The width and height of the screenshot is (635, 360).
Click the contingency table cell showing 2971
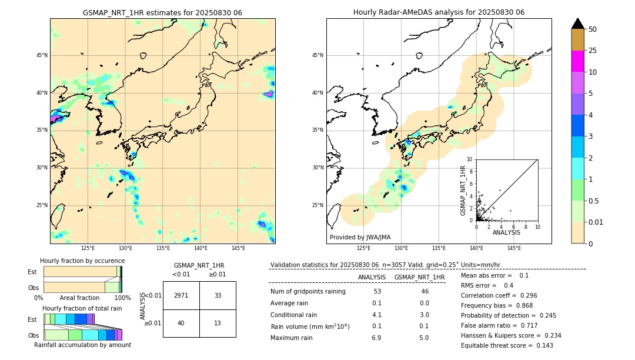[181, 295]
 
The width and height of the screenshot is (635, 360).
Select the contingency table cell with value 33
[218, 295]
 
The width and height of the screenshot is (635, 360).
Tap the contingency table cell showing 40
[181, 323]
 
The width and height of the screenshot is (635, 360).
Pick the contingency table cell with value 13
[218, 323]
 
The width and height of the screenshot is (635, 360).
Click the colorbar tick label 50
[593, 29]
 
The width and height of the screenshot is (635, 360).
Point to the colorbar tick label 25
[593, 51]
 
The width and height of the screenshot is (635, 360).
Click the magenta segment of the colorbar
[578, 61]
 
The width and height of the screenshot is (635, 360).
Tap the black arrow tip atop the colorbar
[578, 22]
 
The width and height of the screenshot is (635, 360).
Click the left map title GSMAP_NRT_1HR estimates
[162, 12]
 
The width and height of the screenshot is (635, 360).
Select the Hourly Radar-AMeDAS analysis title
[439, 12]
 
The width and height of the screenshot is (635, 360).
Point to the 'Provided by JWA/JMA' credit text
[360, 238]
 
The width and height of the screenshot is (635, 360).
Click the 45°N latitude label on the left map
[42, 55]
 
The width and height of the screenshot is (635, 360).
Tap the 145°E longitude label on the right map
[514, 248]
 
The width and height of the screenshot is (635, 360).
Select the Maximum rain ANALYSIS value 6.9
[376, 338]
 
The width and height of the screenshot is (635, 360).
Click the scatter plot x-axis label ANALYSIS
[506, 232]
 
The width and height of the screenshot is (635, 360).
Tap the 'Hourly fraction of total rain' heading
[82, 308]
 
